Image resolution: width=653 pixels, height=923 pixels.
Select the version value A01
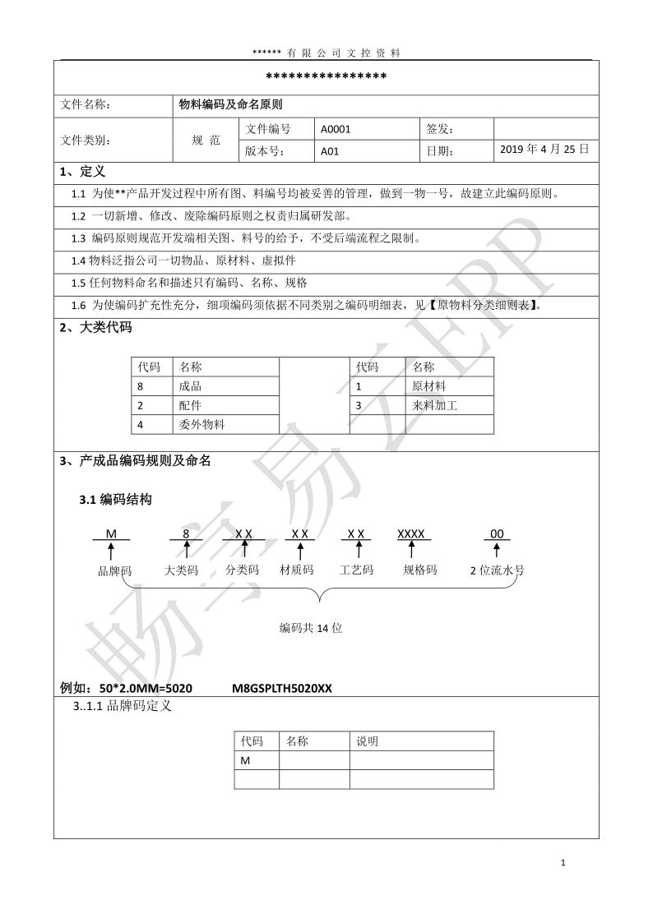coord(330,151)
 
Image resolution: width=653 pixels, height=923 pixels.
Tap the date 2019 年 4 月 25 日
coord(544,150)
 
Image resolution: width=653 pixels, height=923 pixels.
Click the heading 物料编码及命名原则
coord(231,104)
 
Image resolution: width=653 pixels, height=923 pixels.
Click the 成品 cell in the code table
coord(190,385)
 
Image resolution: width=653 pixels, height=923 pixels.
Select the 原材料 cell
coord(428,385)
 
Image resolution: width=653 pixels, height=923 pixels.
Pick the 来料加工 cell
coord(434,405)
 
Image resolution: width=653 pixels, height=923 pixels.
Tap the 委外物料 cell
coord(201,424)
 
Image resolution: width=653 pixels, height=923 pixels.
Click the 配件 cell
coord(190,405)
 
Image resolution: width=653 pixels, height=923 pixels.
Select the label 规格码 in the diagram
coord(419,570)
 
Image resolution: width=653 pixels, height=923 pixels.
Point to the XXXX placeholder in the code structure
coord(411,533)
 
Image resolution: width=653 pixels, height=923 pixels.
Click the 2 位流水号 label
coord(497,570)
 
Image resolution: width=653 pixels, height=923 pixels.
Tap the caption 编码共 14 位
coord(311,628)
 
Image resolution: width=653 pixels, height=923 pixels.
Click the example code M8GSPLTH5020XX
coord(282,688)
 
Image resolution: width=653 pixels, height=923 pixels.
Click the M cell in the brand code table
coord(245,760)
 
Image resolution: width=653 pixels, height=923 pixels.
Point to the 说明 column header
coord(367,741)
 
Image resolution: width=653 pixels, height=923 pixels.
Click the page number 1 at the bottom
coord(563,862)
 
